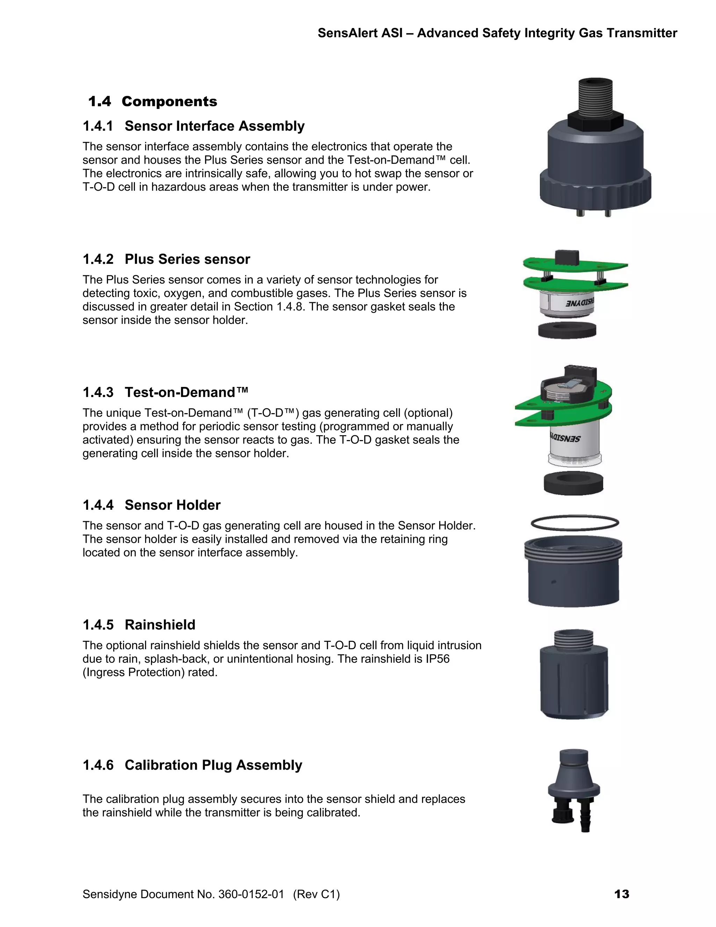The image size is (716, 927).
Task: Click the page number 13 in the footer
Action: (x=621, y=894)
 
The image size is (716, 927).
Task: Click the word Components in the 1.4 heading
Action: (x=169, y=101)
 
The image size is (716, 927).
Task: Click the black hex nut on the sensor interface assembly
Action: (x=595, y=121)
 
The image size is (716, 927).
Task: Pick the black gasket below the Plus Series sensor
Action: (x=567, y=330)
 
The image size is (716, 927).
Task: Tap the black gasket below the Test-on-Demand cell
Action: (x=573, y=483)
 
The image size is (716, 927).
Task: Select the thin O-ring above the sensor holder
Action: (x=575, y=523)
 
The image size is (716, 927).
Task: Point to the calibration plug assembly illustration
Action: (x=574, y=790)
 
